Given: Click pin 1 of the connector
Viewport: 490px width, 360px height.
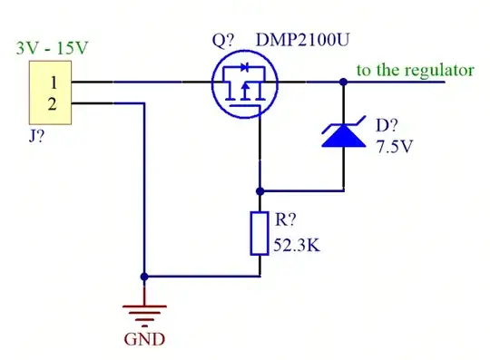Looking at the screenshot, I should coord(52,83).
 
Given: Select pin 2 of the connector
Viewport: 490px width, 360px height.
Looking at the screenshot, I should coord(52,103).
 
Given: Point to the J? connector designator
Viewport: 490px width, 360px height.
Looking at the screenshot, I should coord(39,141).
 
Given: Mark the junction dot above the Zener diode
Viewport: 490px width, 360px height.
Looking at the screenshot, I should coord(345,82).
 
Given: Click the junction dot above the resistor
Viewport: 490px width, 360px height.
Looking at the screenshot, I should coord(260,191).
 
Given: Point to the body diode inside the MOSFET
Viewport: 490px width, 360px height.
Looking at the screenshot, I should coord(242,68).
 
